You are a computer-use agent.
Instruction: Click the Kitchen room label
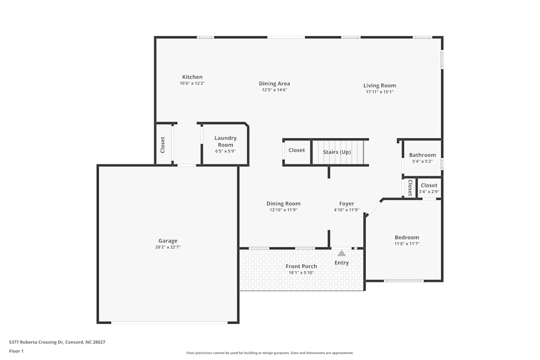coord(192,77)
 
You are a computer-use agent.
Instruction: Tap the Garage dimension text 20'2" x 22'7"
coord(167,247)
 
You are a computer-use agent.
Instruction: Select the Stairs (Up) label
coord(337,152)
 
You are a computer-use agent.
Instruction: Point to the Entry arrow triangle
coord(341,253)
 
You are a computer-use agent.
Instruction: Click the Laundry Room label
coord(225,141)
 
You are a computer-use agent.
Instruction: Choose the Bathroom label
coord(422,155)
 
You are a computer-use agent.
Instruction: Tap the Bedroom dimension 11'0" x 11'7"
coord(407,244)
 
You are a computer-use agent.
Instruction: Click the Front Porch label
coord(301,266)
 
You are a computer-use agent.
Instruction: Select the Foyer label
coord(346,203)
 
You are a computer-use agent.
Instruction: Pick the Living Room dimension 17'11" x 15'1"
coord(379,92)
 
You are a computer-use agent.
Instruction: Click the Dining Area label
coord(274,84)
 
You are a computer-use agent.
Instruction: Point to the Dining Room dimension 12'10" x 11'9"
coord(283,210)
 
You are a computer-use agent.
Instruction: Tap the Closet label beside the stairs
coord(296,150)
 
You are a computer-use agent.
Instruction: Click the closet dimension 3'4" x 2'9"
coord(429,192)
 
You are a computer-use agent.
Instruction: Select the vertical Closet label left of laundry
coord(163,144)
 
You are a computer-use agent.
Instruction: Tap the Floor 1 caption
coord(16,351)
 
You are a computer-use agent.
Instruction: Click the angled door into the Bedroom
coord(374,208)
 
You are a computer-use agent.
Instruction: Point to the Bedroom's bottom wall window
coord(404,281)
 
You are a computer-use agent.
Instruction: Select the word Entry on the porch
coord(341,263)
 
